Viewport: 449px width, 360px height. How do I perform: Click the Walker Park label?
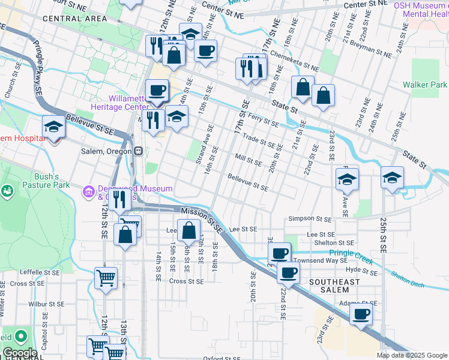[425, 85]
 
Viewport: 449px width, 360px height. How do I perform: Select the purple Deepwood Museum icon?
[88, 192]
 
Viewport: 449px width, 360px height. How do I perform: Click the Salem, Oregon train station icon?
[138, 151]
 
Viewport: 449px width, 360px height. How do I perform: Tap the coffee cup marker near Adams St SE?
[361, 314]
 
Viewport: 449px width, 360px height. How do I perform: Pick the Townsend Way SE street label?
[320, 261]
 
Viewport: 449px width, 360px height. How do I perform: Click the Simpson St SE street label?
[310, 220]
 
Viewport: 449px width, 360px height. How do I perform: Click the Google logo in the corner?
[20, 353]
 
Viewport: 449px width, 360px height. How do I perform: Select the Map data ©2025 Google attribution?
[411, 355]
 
